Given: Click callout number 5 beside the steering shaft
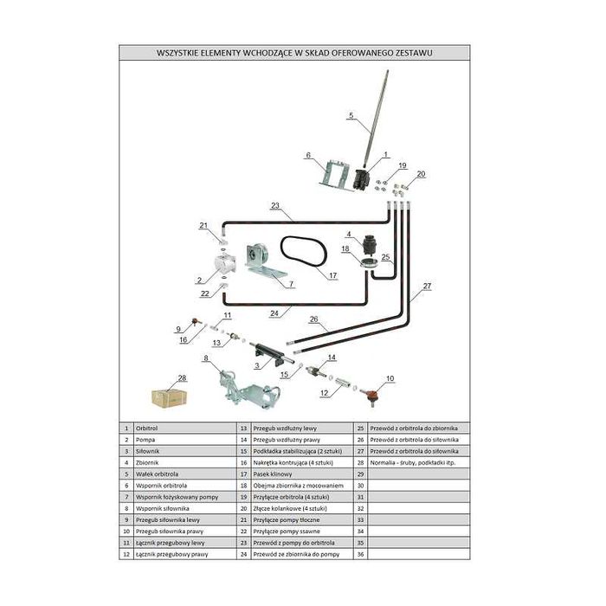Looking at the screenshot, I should (351, 115).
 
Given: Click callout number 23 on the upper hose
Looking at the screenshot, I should (275, 206).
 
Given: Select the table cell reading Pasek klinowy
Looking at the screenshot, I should (272, 474).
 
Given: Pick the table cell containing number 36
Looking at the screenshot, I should (361, 553).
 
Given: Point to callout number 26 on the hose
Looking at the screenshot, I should (313, 319).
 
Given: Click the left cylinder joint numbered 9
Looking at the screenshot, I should (196, 323).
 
